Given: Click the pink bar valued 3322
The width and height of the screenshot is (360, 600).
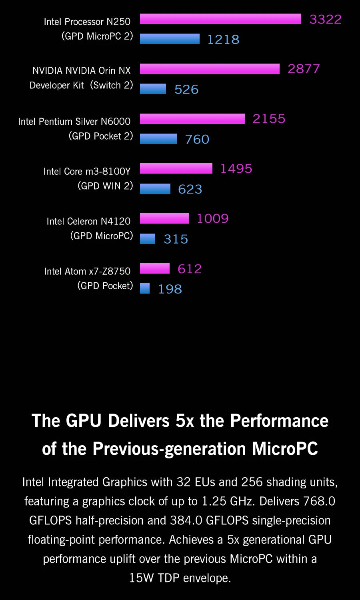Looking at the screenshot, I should coord(220,19).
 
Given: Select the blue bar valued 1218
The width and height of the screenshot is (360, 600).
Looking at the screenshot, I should coord(170,39).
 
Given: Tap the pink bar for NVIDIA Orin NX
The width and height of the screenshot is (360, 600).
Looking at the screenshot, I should coord(210,69).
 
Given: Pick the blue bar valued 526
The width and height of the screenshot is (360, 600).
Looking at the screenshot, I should coord(153,89).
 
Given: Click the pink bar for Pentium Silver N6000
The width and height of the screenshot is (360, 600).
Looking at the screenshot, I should coord(192,119).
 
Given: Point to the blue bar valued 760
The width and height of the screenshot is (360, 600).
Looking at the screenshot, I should coord(158,139).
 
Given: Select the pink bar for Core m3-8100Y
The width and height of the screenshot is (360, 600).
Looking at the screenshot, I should coord(176,168).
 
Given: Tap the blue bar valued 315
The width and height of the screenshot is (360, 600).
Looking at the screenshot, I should coord(148,239).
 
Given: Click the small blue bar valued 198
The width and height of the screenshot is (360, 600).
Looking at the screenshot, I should coord(145,288).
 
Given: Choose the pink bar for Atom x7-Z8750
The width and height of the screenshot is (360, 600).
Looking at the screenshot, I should coord(155,268).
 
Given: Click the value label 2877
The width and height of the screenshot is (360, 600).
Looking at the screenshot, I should coord(304,69).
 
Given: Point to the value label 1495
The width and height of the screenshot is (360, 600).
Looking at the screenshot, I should coord(236,168).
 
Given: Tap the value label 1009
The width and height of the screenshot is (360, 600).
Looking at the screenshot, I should coord(212,218).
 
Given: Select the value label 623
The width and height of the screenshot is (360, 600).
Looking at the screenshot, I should coord(190,189).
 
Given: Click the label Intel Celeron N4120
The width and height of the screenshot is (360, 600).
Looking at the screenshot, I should coord(88,221).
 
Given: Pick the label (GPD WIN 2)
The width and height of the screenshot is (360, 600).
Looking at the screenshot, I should coord(105,186).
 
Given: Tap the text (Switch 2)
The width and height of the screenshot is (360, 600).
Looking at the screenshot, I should coord(111,85).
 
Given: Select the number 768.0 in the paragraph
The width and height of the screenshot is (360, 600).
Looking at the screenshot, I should coord(319,501).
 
